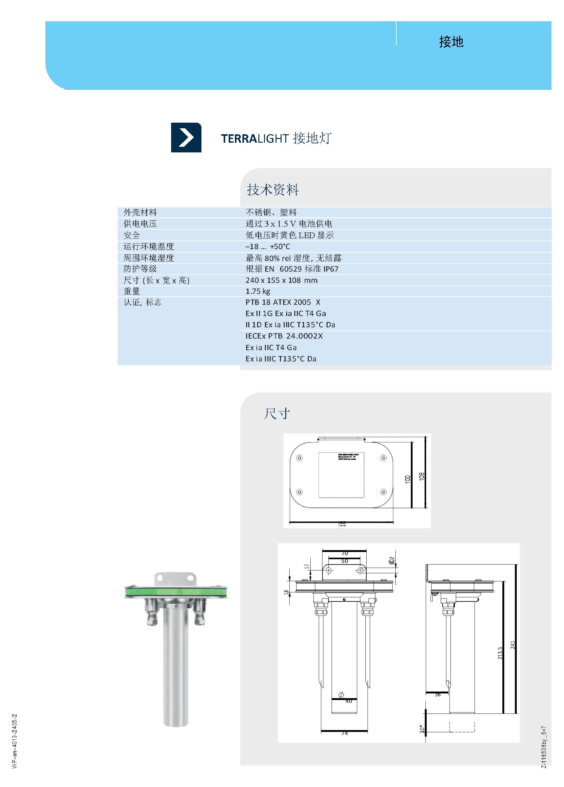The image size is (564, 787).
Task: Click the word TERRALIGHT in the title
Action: (x=255, y=138)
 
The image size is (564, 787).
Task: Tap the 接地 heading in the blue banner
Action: (x=451, y=42)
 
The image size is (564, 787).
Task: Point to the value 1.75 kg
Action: (x=258, y=291)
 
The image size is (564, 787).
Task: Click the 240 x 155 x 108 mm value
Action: (x=281, y=280)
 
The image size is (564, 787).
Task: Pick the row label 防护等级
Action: (x=140, y=268)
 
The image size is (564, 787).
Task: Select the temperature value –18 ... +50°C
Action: (x=268, y=246)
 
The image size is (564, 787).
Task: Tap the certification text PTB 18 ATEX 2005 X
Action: (x=283, y=302)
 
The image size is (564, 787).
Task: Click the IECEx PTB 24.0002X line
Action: (x=284, y=336)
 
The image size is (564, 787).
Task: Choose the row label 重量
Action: (x=132, y=291)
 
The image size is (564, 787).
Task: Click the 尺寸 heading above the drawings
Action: (x=277, y=414)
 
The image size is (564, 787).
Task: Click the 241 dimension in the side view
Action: (x=513, y=645)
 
